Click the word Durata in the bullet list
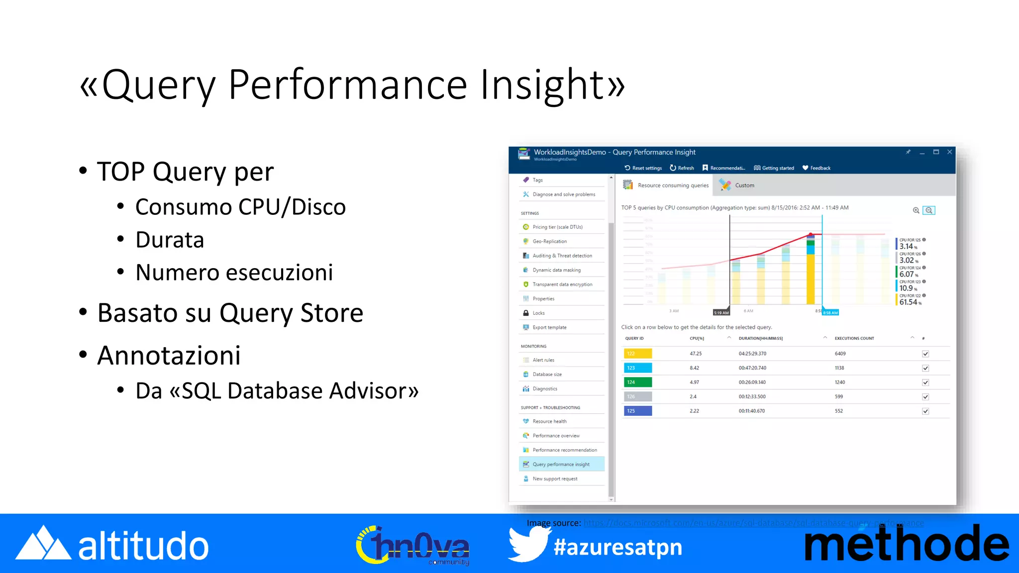click(x=170, y=240)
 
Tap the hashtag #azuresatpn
click(x=617, y=547)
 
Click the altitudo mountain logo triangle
click(x=43, y=544)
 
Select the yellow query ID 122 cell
click(x=637, y=354)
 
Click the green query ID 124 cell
click(x=637, y=382)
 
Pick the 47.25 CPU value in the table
click(x=696, y=354)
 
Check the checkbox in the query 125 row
click(x=925, y=411)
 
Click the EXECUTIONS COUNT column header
click(x=854, y=338)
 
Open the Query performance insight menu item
click(x=561, y=465)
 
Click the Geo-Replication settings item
click(x=549, y=241)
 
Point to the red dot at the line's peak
click(x=811, y=234)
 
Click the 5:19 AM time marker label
click(x=721, y=313)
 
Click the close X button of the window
click(x=949, y=152)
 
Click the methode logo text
click(x=907, y=545)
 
